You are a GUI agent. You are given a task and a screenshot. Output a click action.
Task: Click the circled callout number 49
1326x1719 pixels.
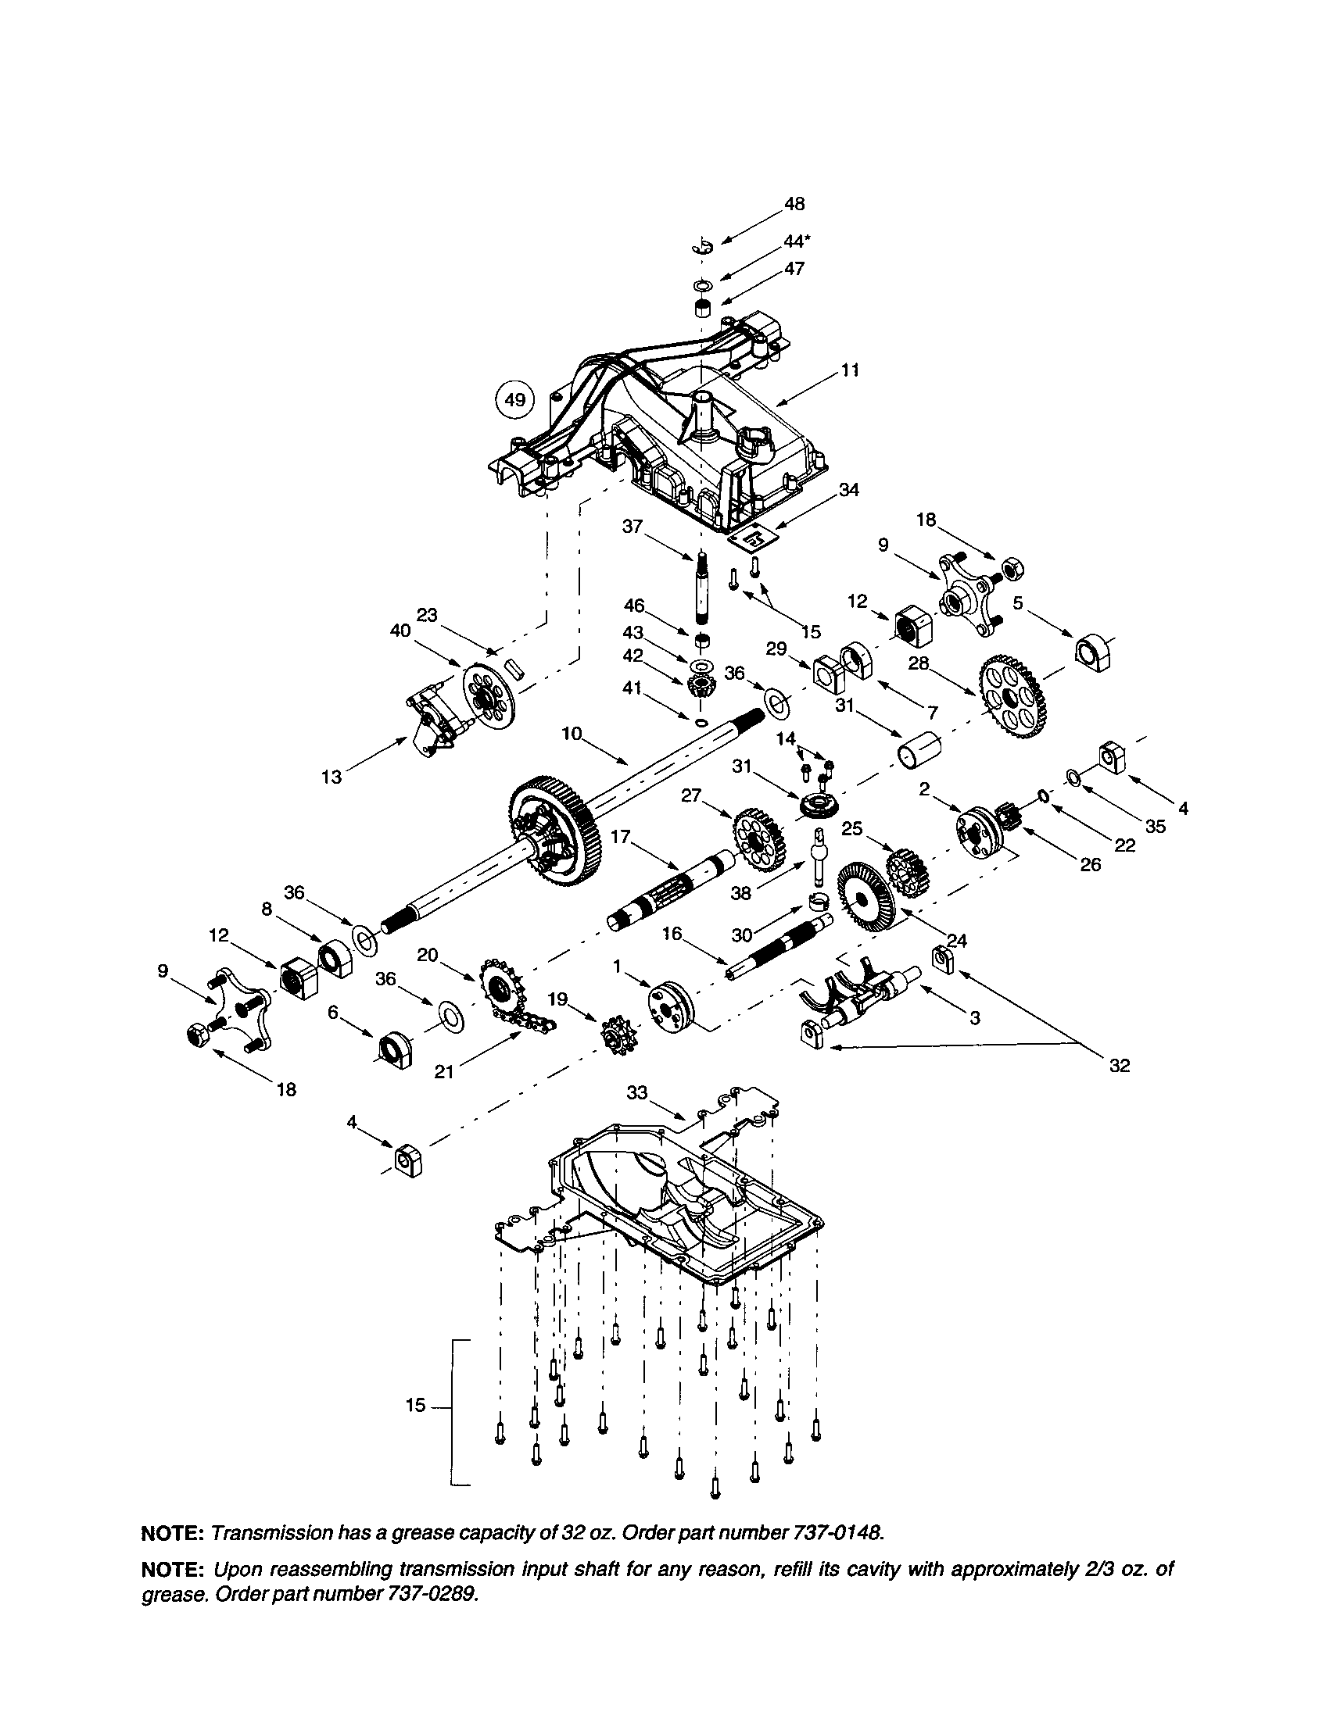(514, 400)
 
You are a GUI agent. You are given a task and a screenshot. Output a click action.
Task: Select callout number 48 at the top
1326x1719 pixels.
(794, 204)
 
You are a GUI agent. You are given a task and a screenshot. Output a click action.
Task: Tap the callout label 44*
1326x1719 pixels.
(797, 242)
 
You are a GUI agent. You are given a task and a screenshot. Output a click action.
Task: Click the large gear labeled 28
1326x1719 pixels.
(1014, 697)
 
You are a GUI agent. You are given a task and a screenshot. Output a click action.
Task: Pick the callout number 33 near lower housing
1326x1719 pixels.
(637, 1092)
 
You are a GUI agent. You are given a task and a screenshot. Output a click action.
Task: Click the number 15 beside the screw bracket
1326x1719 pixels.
(415, 1405)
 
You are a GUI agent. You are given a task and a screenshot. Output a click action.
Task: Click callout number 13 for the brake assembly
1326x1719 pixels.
(331, 777)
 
